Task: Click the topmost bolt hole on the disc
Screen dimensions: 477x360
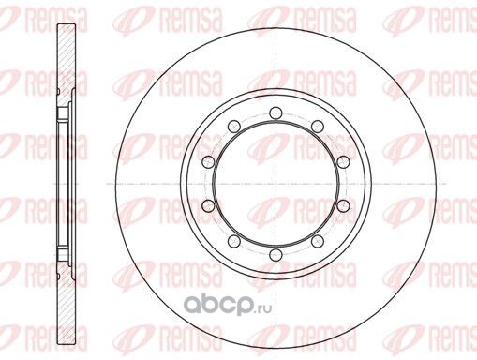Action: click(x=276, y=112)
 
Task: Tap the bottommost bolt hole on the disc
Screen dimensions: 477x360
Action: click(x=276, y=254)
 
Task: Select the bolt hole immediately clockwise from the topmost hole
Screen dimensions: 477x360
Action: click(x=318, y=126)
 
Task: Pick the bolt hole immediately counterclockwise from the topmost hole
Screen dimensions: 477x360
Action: click(x=234, y=126)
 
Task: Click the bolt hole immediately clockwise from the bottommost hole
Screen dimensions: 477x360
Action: click(x=234, y=241)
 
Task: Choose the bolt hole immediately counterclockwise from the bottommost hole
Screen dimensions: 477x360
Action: click(x=318, y=241)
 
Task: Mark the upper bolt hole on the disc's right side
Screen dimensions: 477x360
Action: click(x=343, y=161)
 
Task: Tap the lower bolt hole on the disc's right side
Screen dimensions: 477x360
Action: click(x=343, y=205)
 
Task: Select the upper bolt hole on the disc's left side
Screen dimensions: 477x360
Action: click(x=208, y=161)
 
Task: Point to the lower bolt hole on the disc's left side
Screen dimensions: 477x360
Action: click(x=208, y=205)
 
